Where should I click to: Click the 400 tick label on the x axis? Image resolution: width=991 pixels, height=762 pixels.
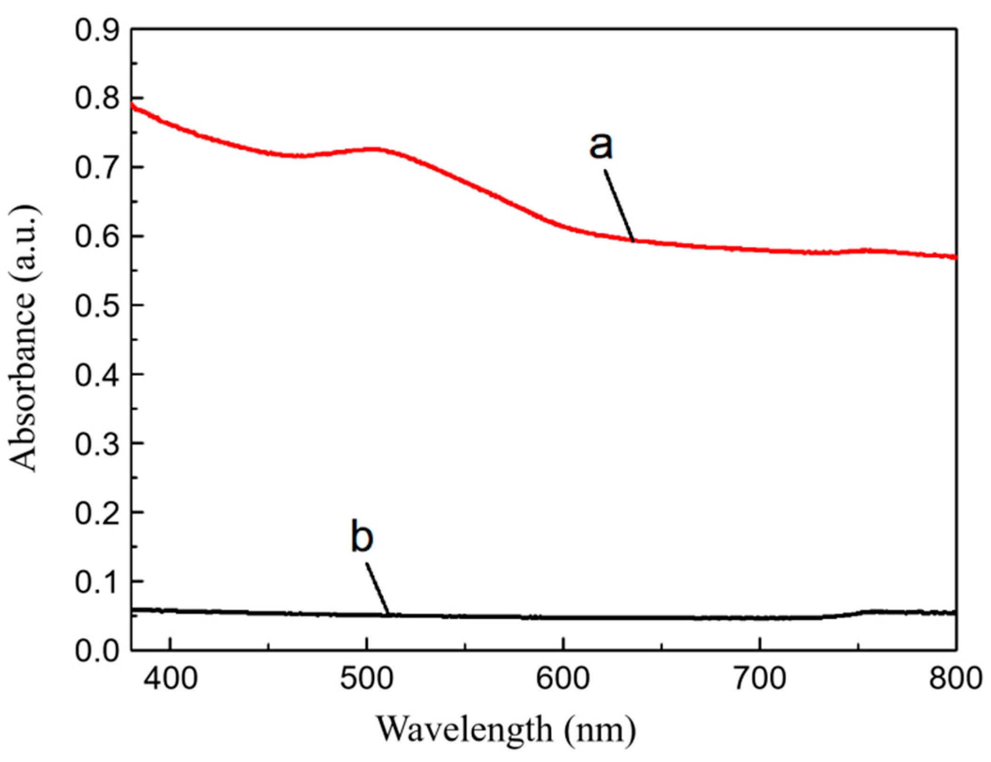[x=170, y=679]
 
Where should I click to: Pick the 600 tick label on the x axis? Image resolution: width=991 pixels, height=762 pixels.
[x=563, y=679]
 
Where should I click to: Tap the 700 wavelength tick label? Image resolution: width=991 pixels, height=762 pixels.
[x=759, y=679]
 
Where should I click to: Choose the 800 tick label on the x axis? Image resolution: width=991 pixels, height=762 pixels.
[x=955, y=679]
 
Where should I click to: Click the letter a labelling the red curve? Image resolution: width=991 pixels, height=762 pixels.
[x=601, y=146]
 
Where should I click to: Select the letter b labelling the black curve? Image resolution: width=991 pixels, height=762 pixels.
[x=362, y=537]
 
